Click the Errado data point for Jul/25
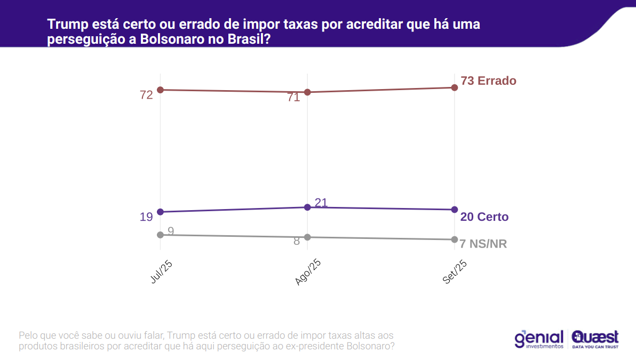(160, 90)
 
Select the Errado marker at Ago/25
(307, 92)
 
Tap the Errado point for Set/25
(455, 87)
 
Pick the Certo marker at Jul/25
(160, 212)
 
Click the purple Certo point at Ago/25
(307, 207)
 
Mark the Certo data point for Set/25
(455, 210)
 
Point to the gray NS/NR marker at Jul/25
(160, 235)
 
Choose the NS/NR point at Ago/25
(307, 237)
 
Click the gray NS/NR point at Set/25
(455, 239)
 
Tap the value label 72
(146, 95)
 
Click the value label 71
(293, 98)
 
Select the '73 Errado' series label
(488, 81)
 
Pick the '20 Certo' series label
(484, 217)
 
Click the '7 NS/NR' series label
(483, 244)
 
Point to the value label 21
(321, 203)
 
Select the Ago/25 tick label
(308, 273)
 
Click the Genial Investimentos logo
(539, 339)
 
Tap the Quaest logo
(595, 339)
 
